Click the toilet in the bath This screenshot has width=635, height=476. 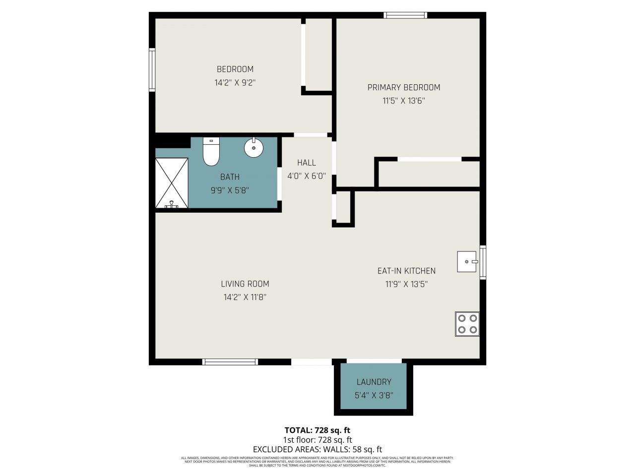(211, 152)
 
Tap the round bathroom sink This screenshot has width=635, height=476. (254, 147)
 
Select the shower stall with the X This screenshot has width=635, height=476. (172, 183)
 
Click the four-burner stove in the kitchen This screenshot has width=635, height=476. (467, 324)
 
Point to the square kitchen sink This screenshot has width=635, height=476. (466, 261)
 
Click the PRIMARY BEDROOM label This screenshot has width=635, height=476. (403, 87)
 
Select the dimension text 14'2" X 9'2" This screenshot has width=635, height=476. (235, 83)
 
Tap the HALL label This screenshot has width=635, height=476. (306, 163)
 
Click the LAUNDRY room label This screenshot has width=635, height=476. (374, 382)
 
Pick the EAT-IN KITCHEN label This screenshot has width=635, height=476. (406, 271)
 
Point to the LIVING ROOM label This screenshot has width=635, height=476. (245, 284)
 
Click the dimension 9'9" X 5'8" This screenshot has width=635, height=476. (230, 190)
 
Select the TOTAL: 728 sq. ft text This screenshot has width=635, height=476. (317, 430)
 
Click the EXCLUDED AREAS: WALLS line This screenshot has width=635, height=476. (317, 449)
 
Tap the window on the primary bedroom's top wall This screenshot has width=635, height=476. (405, 15)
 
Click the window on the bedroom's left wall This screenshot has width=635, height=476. (152, 70)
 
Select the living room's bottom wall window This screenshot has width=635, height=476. (230, 362)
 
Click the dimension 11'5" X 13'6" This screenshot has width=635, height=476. (403, 101)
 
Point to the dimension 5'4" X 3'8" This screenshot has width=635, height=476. (374, 395)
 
